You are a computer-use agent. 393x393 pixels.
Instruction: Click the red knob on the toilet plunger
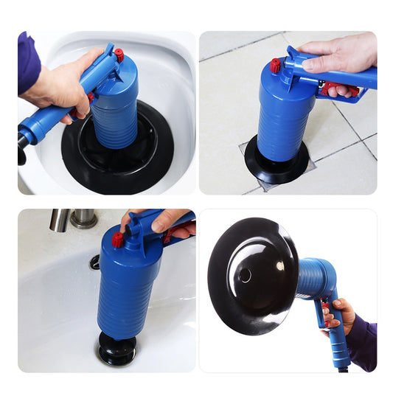(x=119, y=54)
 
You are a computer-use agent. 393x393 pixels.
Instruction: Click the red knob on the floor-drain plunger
(x=276, y=66)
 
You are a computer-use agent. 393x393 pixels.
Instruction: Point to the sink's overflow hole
(x=94, y=261)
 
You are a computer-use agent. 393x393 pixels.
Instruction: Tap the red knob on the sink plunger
(x=117, y=240)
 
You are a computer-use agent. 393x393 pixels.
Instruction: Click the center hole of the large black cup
(x=245, y=274)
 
